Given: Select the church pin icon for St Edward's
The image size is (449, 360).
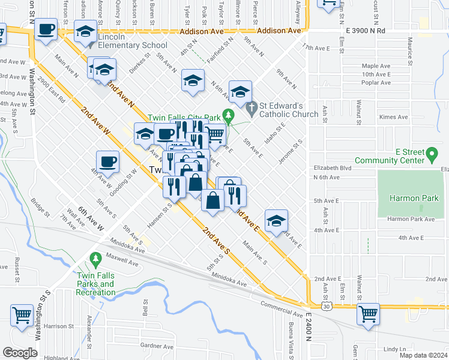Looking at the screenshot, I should pos(252,107).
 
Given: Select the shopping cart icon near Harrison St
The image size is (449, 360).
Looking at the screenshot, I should pos(22,315).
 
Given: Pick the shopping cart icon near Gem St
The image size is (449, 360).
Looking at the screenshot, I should pos(368,314).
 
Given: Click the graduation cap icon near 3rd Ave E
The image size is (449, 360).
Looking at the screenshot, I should pos(276,220).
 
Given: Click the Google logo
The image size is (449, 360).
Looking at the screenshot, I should pos(20,353).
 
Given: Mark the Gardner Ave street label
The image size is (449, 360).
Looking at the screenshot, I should pos(156,346).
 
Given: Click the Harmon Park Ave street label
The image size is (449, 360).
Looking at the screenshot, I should pos(410,219).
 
